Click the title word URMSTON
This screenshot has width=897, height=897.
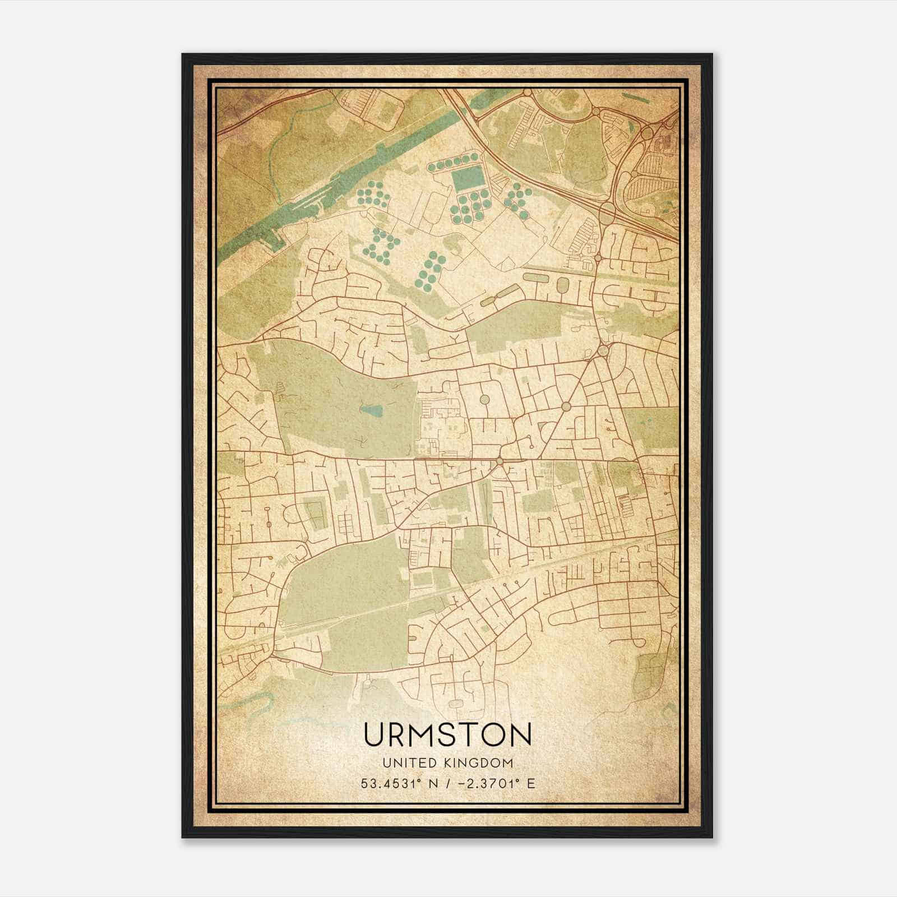[x=447, y=734]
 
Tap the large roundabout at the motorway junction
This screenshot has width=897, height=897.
[x=607, y=211]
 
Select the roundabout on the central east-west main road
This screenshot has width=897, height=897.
[x=499, y=460]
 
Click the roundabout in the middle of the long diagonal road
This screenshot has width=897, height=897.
[x=566, y=406]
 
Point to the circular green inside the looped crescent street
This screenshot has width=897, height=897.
[x=484, y=400]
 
